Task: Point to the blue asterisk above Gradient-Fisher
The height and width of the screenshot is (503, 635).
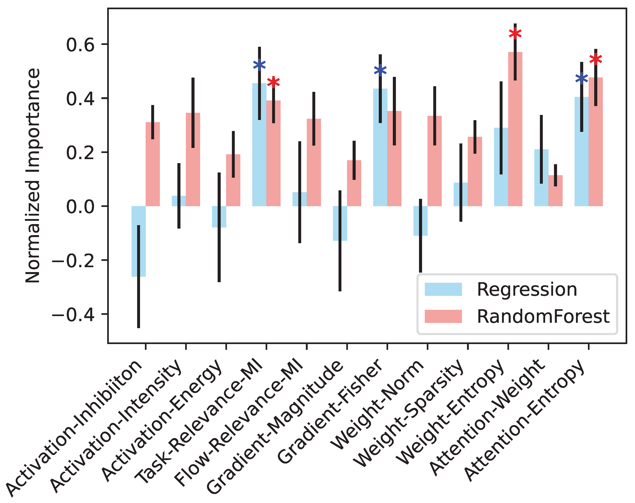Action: [x=380, y=70]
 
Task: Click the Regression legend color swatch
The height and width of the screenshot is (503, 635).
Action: [x=443, y=289]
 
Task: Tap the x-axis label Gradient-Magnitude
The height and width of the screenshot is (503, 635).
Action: [x=275, y=427]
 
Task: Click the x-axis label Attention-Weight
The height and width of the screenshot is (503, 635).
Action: [x=486, y=418]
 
